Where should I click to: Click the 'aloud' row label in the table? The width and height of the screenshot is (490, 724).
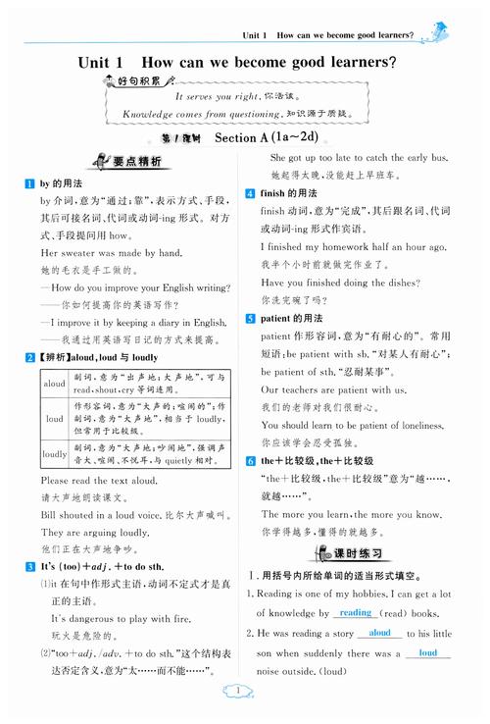(x=55, y=384)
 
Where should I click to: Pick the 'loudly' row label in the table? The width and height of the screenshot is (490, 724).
(x=55, y=454)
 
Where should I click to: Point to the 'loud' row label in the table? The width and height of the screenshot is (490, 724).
(x=55, y=418)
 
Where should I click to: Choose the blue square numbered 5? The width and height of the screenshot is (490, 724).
(x=251, y=318)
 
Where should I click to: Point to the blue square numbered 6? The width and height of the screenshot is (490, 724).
(x=251, y=460)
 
